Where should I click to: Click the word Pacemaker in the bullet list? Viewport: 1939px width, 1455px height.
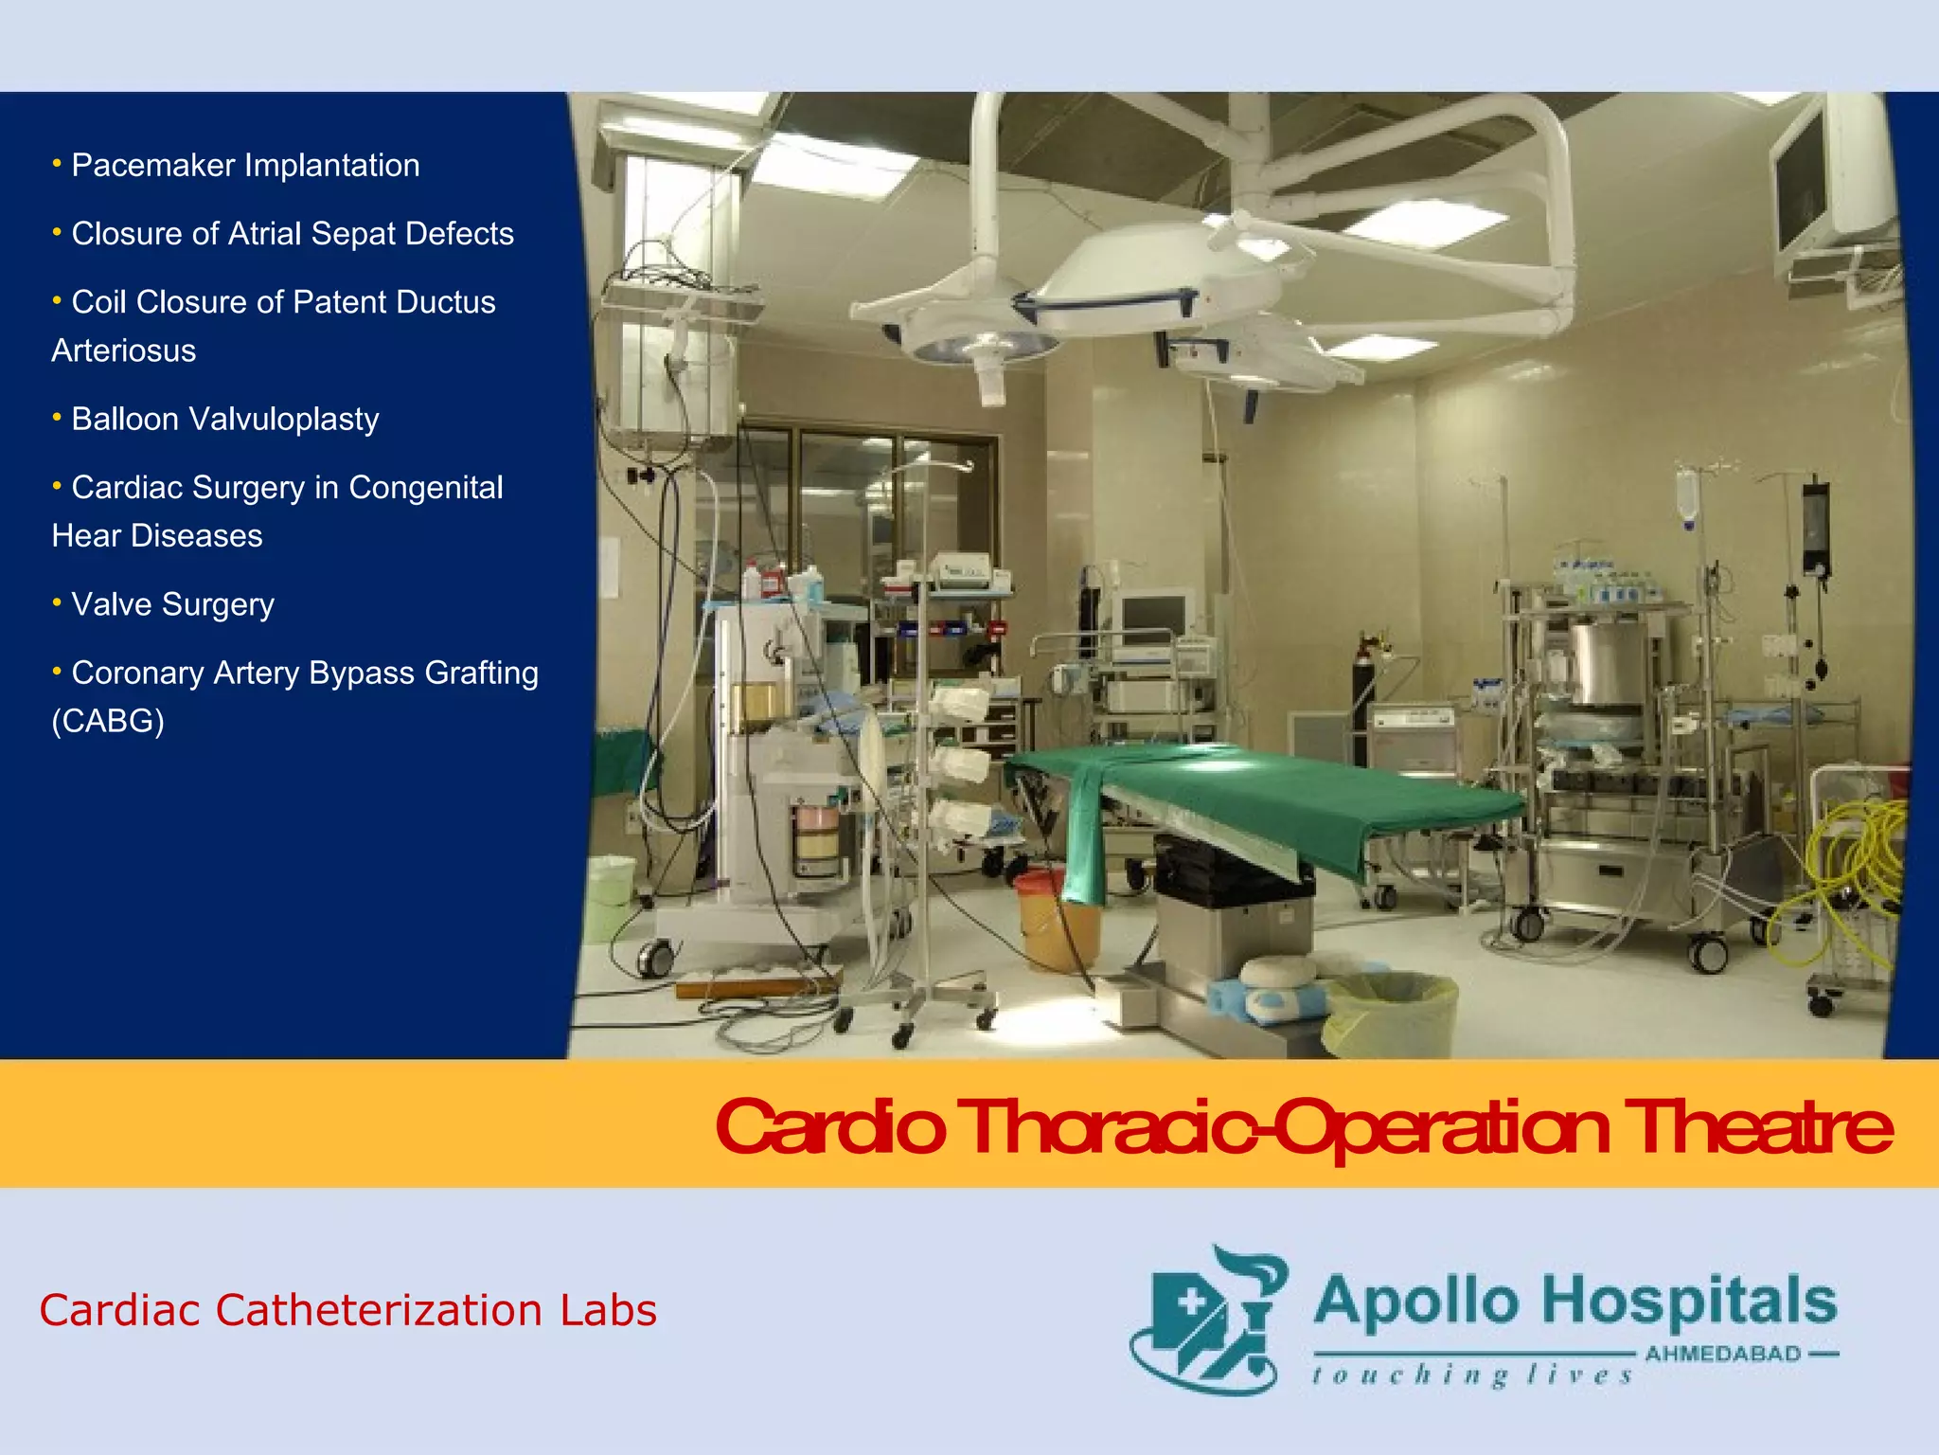[x=153, y=166]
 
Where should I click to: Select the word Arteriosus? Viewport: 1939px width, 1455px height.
[x=124, y=350]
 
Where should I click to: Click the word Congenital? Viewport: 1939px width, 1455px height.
[x=426, y=487]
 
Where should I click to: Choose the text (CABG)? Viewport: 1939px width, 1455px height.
[x=108, y=721]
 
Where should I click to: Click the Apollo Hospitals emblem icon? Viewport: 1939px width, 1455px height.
[x=1208, y=1320]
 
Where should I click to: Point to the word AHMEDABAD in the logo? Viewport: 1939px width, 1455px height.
[x=1722, y=1354]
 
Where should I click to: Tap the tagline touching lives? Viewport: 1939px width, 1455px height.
[x=1472, y=1375]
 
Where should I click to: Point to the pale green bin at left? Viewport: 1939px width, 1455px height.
[x=610, y=895]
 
